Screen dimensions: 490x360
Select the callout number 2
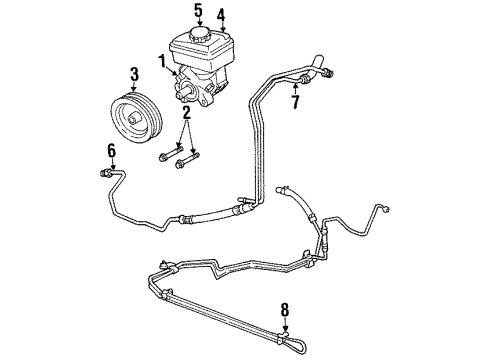click(186, 115)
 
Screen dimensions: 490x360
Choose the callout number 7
click(295, 100)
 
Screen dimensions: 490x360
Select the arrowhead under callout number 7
click(295, 89)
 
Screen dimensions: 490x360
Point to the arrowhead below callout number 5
click(199, 27)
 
